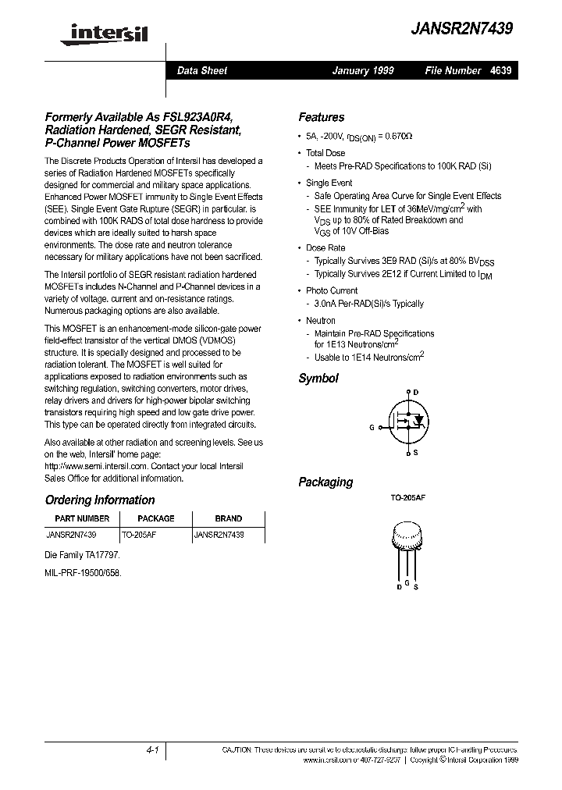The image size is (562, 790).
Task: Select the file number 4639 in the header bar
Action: point(501,70)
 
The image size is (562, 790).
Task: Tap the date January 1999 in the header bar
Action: point(363,70)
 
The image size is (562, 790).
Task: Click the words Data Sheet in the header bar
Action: point(202,70)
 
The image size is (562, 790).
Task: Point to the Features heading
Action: point(321,117)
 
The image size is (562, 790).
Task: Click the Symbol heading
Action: point(318,379)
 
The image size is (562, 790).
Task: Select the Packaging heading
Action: point(325,482)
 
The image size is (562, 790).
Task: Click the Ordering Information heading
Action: point(99,500)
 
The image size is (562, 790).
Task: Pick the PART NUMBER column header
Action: point(82,518)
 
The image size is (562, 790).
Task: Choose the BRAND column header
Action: point(228,518)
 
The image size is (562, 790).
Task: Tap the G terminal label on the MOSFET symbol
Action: point(372,427)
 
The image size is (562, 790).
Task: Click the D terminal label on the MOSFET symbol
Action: point(415,392)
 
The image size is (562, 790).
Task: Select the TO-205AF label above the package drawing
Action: point(407,497)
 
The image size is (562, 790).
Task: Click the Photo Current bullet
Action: point(332,290)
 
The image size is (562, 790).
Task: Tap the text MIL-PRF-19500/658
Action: point(84,572)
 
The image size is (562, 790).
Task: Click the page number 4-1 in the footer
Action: point(152,749)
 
